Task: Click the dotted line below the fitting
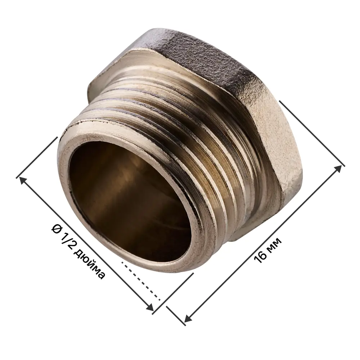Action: pyautogui.click(x=140, y=281)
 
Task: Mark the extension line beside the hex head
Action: pyautogui.click(x=311, y=133)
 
